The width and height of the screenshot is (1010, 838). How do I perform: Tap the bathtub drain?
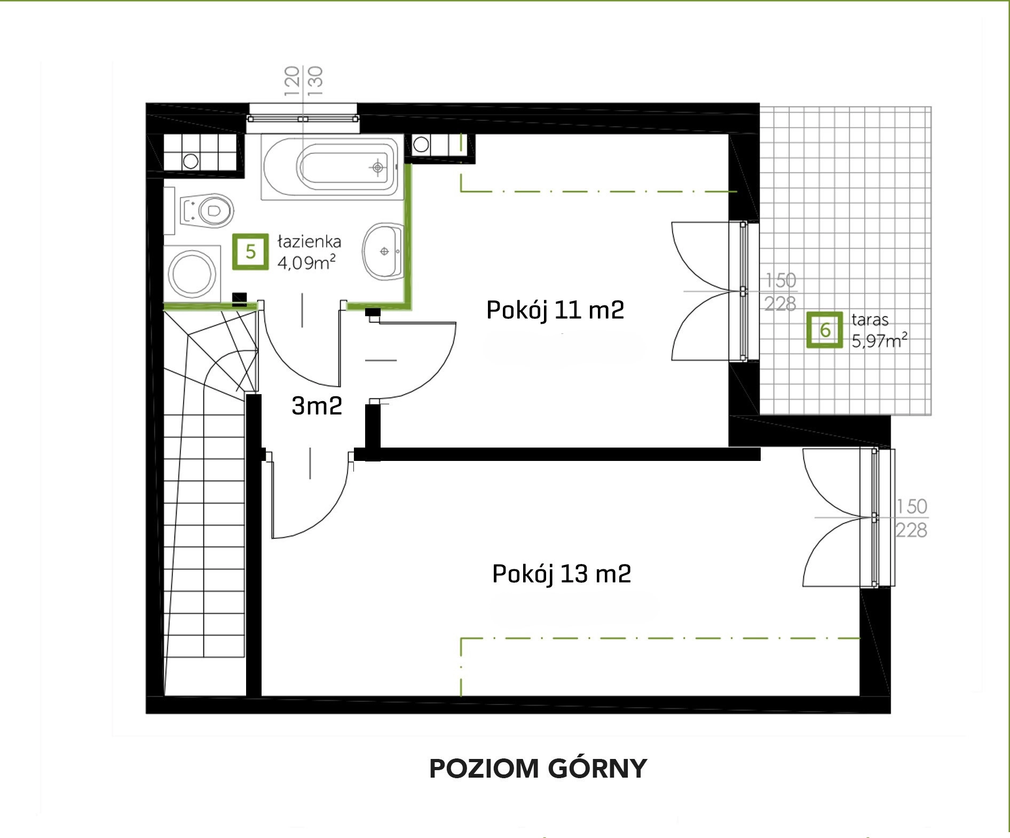(378, 168)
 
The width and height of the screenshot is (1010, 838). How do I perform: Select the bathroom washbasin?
(383, 250)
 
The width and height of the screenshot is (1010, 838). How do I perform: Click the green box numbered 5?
(250, 251)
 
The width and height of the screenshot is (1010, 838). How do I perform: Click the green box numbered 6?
(825, 330)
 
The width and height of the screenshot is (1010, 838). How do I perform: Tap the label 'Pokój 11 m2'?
(555, 310)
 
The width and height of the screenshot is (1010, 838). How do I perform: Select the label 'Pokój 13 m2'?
(562, 574)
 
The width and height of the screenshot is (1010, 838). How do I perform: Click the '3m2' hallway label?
(317, 406)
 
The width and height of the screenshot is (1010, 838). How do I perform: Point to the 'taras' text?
(870, 320)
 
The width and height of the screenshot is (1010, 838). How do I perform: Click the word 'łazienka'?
(309, 242)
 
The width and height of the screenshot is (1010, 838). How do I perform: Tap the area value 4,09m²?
(306, 262)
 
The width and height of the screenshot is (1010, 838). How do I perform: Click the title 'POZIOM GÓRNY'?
(538, 769)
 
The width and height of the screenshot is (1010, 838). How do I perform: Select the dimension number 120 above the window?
(291, 81)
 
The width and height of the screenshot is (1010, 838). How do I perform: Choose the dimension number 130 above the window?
(315, 81)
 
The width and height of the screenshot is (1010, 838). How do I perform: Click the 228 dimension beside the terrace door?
(780, 303)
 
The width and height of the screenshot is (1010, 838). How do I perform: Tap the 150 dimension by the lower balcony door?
(911, 506)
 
